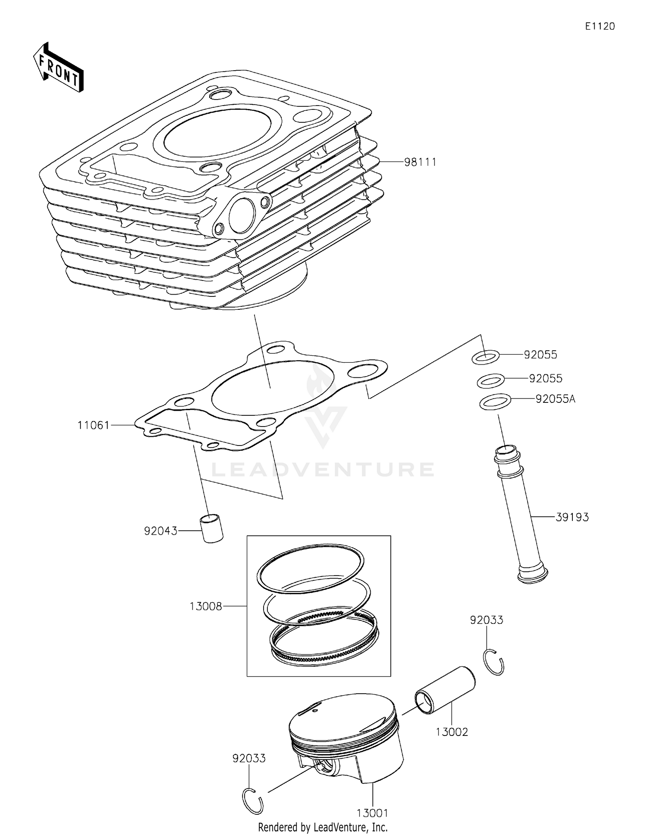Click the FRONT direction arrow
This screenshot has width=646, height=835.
tap(58, 68)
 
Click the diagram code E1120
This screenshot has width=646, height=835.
tap(599, 26)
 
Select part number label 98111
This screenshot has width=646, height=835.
tap(420, 162)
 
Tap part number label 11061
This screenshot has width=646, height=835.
tap(93, 425)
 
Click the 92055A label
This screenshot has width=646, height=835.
tap(555, 399)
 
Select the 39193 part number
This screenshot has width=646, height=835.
tap(572, 517)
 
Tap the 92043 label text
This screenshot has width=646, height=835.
tap(161, 531)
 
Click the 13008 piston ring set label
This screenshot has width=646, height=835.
tap(206, 606)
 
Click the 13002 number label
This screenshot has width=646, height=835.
tap(451, 732)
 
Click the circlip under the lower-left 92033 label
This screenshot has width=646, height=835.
tap(252, 801)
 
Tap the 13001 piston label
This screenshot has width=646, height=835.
tap(372, 813)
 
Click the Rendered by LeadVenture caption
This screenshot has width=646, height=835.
tap(323, 827)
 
